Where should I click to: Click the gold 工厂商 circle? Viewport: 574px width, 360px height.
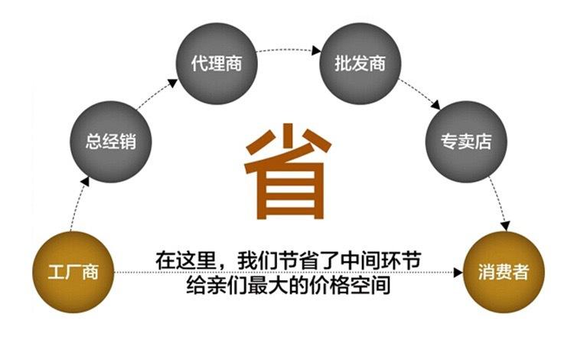(x=73, y=271)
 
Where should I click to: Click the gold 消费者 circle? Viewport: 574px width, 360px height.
(x=502, y=272)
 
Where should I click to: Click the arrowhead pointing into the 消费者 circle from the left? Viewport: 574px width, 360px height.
(x=457, y=272)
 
